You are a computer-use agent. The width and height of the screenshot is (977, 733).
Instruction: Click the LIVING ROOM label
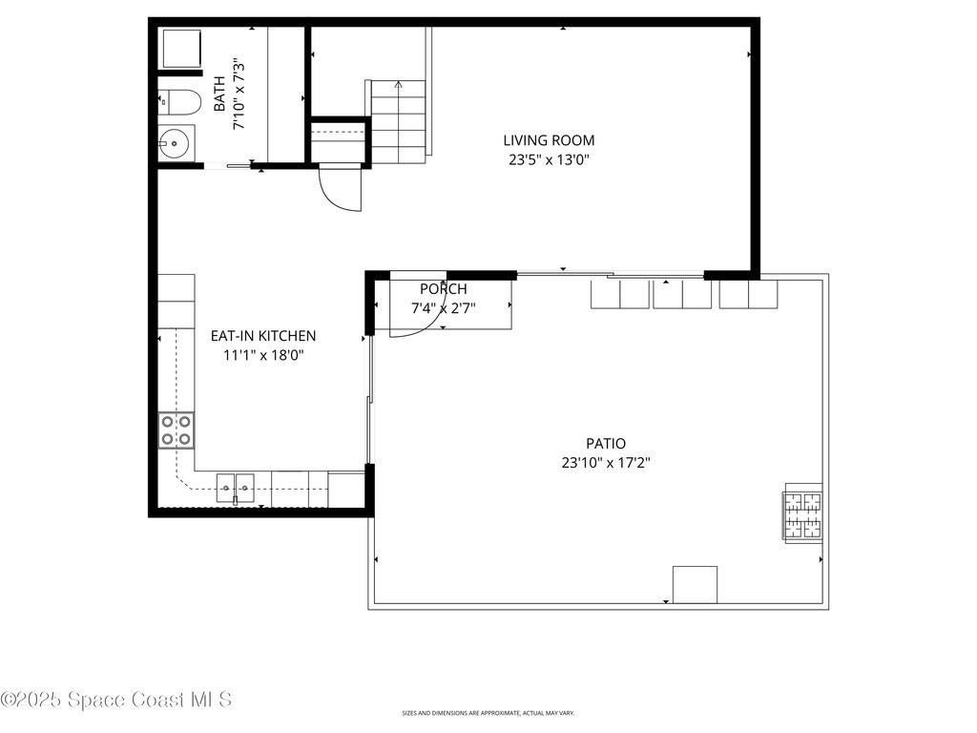pyautogui.click(x=549, y=140)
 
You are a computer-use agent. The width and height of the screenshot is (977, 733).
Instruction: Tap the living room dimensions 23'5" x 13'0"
pyautogui.click(x=549, y=160)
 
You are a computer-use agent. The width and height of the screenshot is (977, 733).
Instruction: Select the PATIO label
pyautogui.click(x=606, y=443)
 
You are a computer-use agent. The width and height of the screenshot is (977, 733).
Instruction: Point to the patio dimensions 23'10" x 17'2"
pyautogui.click(x=606, y=463)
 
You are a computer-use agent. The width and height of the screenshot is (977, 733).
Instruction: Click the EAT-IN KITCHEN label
pyautogui.click(x=263, y=336)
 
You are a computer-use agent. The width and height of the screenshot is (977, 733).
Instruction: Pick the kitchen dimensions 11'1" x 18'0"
pyautogui.click(x=263, y=355)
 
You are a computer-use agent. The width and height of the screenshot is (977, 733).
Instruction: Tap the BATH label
pyautogui.click(x=219, y=95)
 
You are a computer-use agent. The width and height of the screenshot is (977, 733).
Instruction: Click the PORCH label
pyautogui.click(x=444, y=289)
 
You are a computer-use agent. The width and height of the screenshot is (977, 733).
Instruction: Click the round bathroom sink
pyautogui.click(x=175, y=144)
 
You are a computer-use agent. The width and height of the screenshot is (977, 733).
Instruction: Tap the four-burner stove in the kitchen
pyautogui.click(x=176, y=429)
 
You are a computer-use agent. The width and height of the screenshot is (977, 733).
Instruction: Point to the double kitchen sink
pyautogui.click(x=235, y=488)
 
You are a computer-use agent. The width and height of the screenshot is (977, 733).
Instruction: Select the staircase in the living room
pyautogui.click(x=398, y=121)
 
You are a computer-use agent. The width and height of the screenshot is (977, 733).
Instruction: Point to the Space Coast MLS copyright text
pyautogui.click(x=115, y=700)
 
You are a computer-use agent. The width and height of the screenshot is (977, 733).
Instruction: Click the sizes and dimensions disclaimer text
pyautogui.click(x=488, y=713)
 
